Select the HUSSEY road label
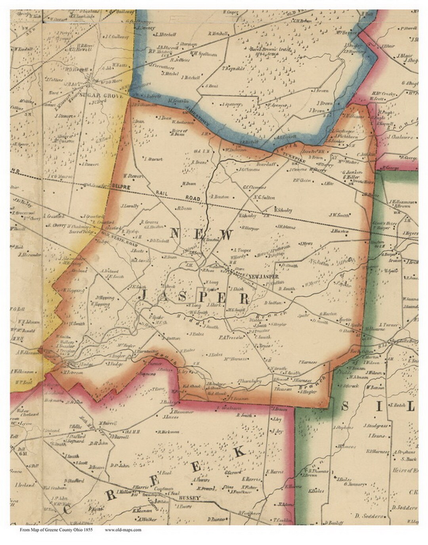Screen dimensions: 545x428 [188, 497]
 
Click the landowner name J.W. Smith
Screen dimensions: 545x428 [339, 215]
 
